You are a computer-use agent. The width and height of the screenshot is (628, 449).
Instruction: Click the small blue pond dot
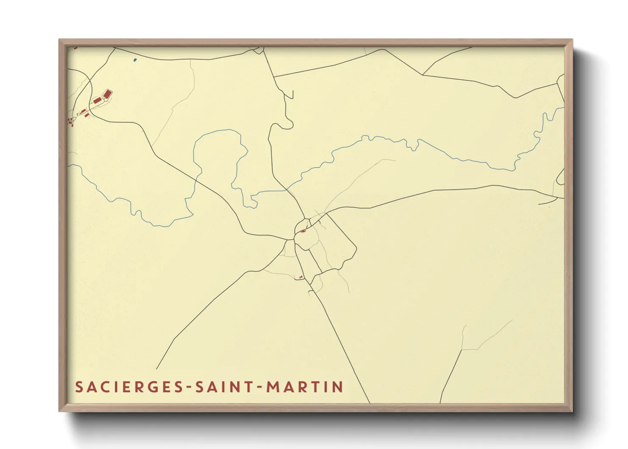pyautogui.click(x=135, y=60)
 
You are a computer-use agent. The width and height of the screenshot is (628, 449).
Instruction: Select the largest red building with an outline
pyautogui.click(x=108, y=93)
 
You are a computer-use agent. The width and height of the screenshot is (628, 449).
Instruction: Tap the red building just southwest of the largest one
pyautogui.click(x=97, y=100)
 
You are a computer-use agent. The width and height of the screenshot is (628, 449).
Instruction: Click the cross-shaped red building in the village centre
pyautogui.click(x=303, y=231)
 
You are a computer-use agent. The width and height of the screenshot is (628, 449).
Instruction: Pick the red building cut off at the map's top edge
pyautogui.click(x=76, y=48)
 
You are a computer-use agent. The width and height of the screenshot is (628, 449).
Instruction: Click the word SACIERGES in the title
pyautogui.click(x=130, y=387)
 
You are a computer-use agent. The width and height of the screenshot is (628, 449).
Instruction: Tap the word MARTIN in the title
pyautogui.click(x=305, y=387)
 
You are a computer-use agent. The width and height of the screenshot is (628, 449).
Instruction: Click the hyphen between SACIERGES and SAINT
pyautogui.click(x=190, y=387)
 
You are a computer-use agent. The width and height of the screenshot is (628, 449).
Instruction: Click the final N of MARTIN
pyautogui.click(x=338, y=387)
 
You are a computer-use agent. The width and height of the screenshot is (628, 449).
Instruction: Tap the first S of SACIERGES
pyautogui.click(x=78, y=387)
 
